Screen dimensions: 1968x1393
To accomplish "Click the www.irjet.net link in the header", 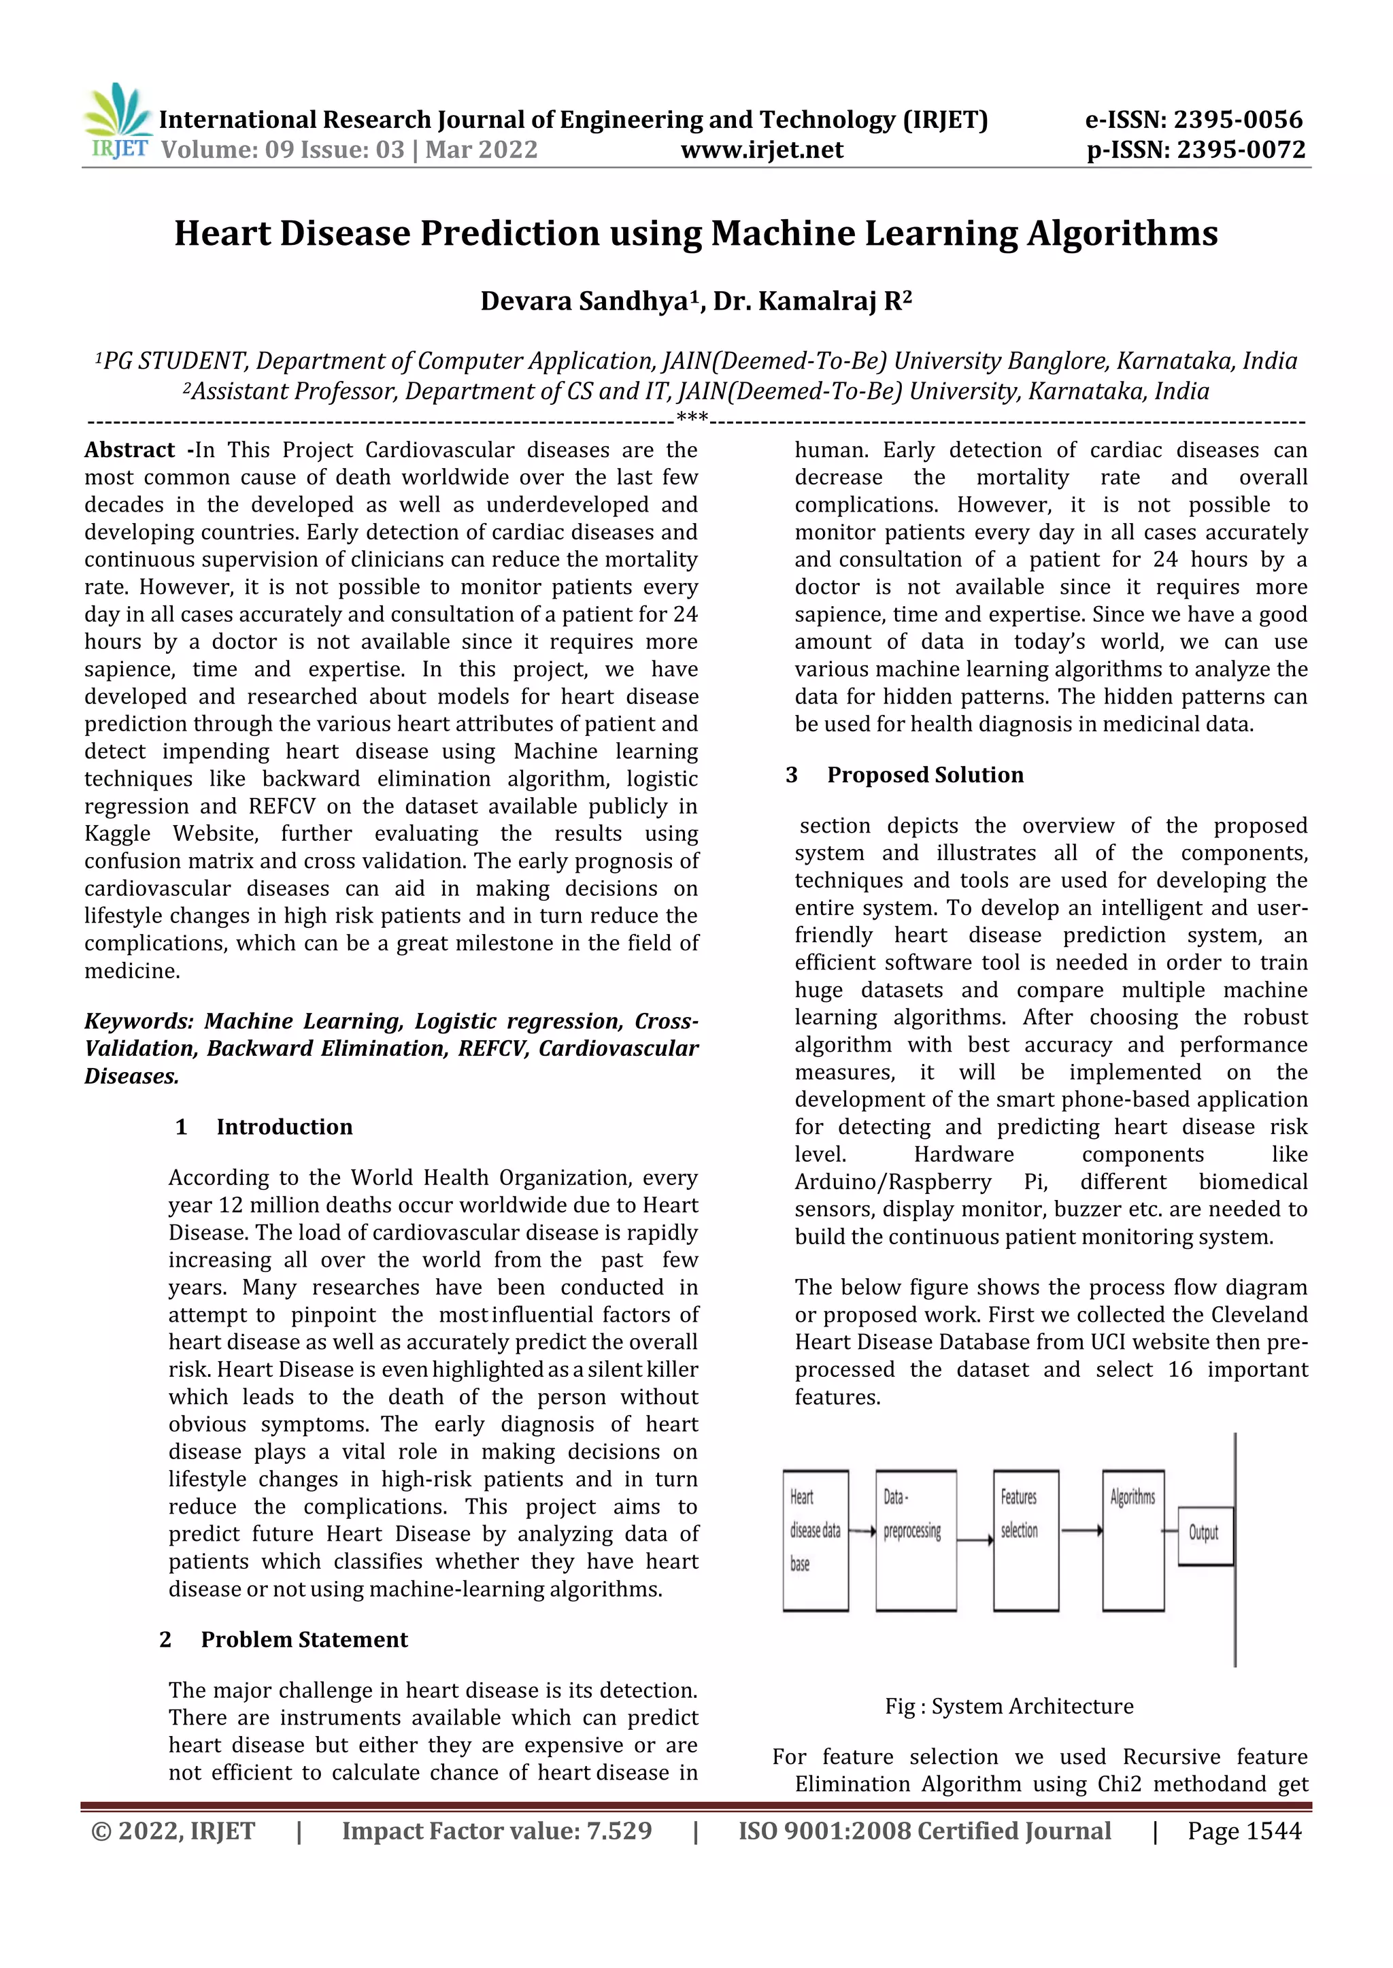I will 762,150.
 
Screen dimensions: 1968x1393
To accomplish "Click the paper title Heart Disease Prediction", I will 696,233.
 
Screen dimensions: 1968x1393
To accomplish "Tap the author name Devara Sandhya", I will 584,301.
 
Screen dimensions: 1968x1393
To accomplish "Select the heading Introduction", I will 284,1127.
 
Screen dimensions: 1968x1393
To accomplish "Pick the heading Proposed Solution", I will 924,775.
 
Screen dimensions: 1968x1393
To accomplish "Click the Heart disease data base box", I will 815,1541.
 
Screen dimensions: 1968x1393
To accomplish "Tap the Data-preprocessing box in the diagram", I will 916,1541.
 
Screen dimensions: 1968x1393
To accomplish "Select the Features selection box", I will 1025,1541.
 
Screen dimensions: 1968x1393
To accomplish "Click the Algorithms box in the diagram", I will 1132,1541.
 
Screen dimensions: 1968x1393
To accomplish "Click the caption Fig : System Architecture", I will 1009,1706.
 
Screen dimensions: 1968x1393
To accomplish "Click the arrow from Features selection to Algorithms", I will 1081,1531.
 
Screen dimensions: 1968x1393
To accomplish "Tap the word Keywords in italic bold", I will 138,1022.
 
